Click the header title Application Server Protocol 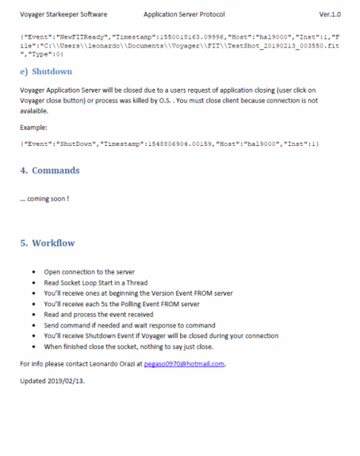click(x=183, y=14)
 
